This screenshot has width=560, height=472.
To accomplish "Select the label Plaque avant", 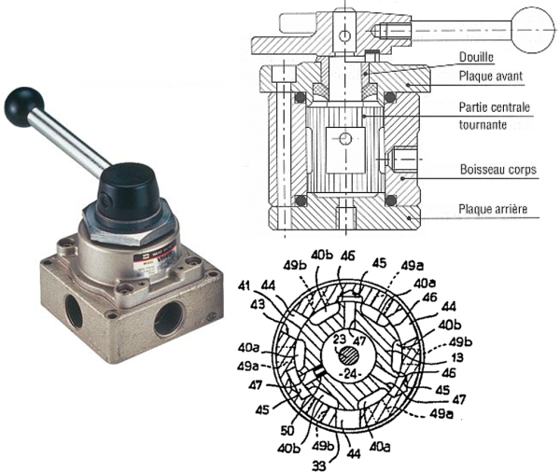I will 495,76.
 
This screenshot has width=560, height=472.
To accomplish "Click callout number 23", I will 340,339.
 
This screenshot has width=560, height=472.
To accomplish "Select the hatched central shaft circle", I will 348,354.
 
